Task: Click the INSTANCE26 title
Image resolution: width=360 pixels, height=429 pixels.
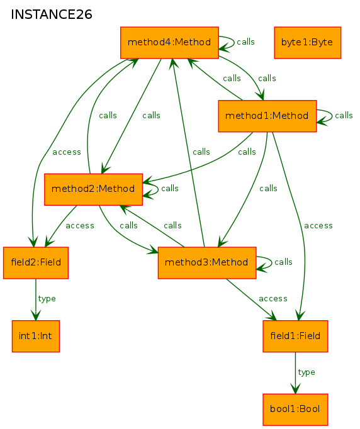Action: point(52,14)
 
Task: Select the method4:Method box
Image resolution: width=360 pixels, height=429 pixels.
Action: point(169,43)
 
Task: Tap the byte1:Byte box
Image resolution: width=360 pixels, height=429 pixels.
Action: point(307,43)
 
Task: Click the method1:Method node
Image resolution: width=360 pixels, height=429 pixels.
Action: point(267,116)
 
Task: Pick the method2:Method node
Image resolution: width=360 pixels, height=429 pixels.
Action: point(93,189)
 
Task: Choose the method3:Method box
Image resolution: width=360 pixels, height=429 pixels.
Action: point(207,263)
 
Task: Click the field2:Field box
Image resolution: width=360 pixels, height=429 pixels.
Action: point(36,263)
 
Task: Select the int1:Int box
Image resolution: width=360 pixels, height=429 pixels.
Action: point(36,337)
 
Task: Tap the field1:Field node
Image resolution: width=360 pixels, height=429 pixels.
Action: point(295,337)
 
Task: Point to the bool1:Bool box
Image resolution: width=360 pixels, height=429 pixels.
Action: point(295,409)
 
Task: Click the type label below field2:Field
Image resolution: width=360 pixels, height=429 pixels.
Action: point(47,299)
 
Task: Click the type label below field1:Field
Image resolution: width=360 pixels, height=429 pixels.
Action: point(307,372)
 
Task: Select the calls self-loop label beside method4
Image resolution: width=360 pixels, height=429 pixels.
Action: point(245,42)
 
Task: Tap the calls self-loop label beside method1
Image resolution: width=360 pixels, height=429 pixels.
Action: point(344,116)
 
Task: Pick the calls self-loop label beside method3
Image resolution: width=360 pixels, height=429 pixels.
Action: point(283,262)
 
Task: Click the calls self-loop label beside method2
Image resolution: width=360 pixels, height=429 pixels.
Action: point(170,189)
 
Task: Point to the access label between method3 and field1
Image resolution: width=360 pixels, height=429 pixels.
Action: point(273,299)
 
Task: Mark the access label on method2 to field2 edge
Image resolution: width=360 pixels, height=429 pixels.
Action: point(80,226)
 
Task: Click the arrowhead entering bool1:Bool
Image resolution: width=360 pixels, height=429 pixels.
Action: point(295,389)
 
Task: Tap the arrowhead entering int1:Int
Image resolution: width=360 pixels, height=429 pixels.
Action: point(36,315)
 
